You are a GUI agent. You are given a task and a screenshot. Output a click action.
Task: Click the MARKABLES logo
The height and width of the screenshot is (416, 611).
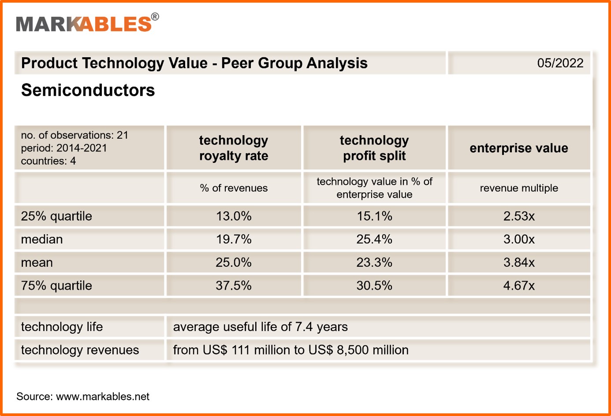pyautogui.click(x=84, y=24)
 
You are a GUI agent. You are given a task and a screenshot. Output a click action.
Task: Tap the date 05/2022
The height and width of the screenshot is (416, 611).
pyautogui.click(x=560, y=63)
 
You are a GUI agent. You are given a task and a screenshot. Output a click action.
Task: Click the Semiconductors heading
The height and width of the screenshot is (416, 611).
pyautogui.click(x=88, y=90)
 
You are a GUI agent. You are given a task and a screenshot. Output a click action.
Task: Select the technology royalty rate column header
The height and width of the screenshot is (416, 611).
pyautogui.click(x=234, y=148)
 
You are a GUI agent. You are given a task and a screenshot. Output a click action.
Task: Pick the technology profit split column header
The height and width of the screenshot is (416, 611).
pyautogui.click(x=374, y=148)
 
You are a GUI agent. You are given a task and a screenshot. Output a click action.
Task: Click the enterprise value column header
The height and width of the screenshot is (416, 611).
pyautogui.click(x=519, y=148)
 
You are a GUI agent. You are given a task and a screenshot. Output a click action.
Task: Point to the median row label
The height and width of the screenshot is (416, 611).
pyautogui.click(x=42, y=239)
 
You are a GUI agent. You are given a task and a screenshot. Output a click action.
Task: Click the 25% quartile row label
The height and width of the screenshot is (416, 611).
pyautogui.click(x=56, y=216)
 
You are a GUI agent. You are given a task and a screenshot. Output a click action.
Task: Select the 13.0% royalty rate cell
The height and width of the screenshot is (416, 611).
pyautogui.click(x=234, y=216)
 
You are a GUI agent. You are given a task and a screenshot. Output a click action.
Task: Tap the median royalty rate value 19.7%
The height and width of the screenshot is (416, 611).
pyautogui.click(x=234, y=239)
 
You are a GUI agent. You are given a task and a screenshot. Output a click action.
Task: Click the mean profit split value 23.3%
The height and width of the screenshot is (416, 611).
pyautogui.click(x=374, y=263)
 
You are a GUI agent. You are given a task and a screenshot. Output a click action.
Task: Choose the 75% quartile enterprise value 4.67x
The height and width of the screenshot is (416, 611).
pyautogui.click(x=519, y=286)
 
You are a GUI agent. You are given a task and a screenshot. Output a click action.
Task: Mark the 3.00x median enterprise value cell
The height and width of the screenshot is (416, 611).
pyautogui.click(x=519, y=239)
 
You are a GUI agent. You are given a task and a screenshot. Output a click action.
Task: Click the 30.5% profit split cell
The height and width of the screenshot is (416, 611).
pyautogui.click(x=374, y=286)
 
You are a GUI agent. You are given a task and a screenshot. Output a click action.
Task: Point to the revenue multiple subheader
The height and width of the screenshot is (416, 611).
pyautogui.click(x=519, y=188)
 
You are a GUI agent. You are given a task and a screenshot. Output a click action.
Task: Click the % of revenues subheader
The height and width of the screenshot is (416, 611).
pyautogui.click(x=234, y=188)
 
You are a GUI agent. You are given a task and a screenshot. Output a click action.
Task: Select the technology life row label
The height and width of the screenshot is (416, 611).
pyautogui.click(x=62, y=327)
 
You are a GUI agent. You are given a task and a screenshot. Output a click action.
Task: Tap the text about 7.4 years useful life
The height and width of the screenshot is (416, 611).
pyautogui.click(x=260, y=327)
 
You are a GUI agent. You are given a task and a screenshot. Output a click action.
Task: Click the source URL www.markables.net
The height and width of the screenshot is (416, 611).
pyautogui.click(x=103, y=397)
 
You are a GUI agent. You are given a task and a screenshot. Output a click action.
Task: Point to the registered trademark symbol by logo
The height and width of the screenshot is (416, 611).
pyautogui.click(x=155, y=17)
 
